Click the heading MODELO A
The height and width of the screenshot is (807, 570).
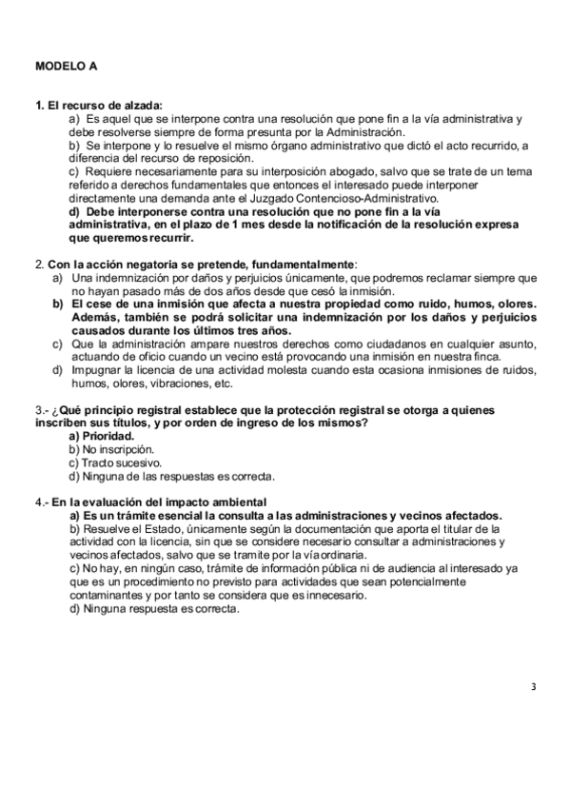point(66,67)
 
